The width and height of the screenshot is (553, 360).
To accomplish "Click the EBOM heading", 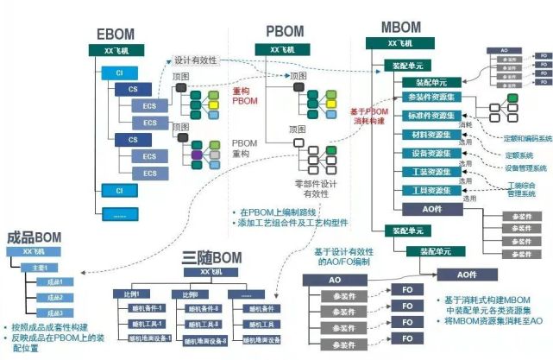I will (x=115, y=35).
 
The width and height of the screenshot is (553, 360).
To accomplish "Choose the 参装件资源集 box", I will (x=430, y=98).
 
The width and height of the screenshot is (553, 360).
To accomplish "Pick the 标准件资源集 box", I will (x=430, y=117).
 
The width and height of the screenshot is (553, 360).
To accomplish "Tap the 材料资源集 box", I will (x=425, y=136).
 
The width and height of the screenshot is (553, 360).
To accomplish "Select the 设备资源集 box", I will (x=425, y=154).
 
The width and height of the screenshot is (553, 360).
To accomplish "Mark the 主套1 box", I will (x=40, y=268).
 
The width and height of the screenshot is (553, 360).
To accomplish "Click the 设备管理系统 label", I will (x=525, y=167).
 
